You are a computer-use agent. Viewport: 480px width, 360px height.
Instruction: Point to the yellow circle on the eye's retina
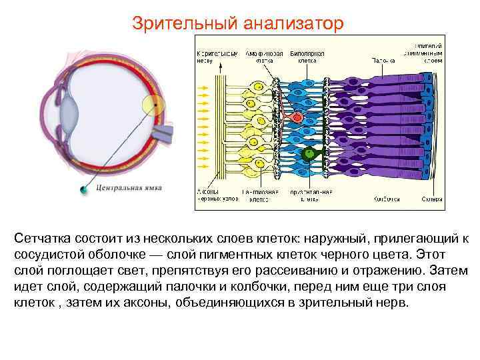pyautogui.click(x=153, y=105)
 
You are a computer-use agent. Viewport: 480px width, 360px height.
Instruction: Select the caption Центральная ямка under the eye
pyautogui.click(x=129, y=189)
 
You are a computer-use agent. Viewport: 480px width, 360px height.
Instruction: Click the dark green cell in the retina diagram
pyautogui.click(x=307, y=155)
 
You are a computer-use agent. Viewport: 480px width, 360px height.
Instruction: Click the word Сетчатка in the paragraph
pyautogui.click(x=44, y=239)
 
